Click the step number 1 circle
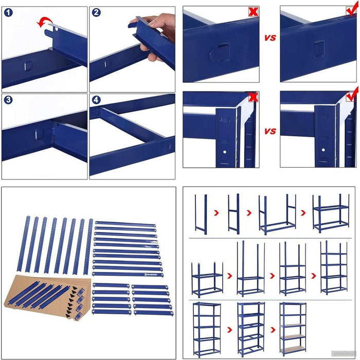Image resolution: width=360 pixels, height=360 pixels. pos(7,12)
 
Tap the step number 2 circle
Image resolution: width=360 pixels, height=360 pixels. pos(96,12)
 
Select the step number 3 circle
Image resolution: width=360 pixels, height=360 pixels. pos(7,99)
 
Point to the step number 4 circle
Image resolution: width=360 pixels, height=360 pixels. pos(96,99)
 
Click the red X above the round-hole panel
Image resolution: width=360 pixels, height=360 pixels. pos(253,11)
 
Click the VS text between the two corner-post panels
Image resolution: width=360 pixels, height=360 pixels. pos(270,131)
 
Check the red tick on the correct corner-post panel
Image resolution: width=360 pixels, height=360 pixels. pos(352,96)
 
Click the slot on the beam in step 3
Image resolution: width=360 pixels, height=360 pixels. pos(37,133)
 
